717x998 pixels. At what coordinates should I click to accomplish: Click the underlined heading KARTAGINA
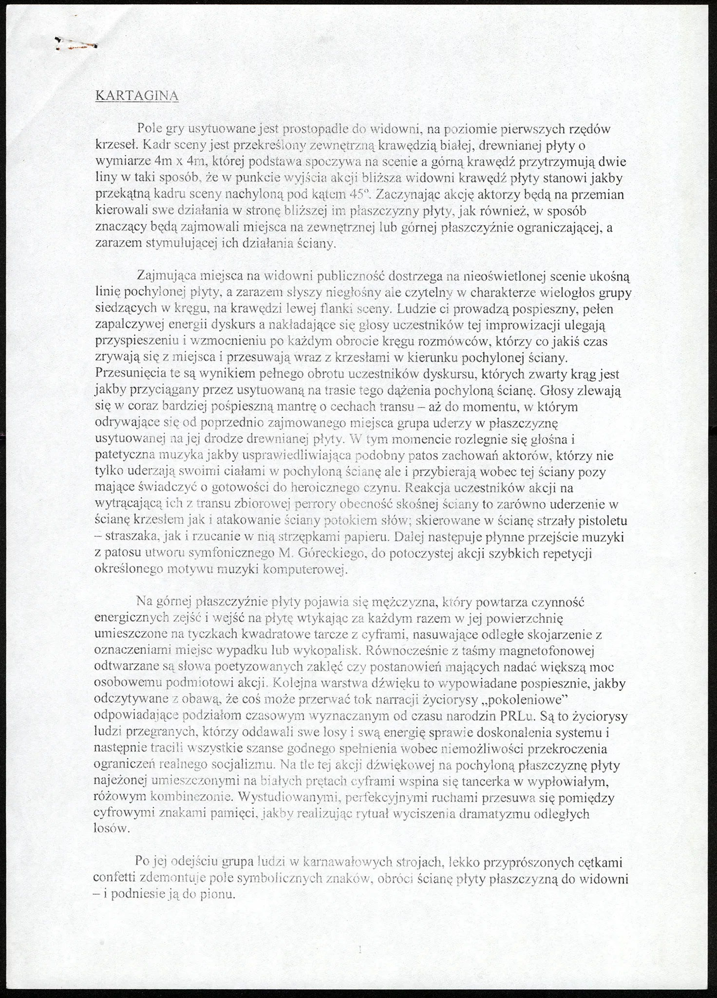pyautogui.click(x=137, y=96)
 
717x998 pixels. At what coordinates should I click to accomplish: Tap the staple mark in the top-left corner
pyautogui.click(x=76, y=44)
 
